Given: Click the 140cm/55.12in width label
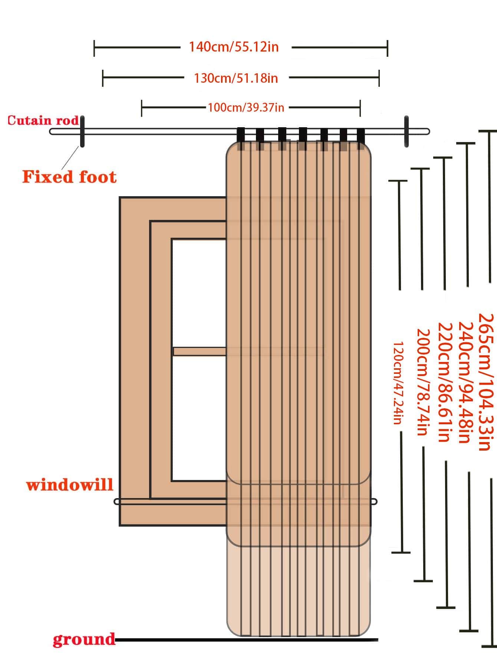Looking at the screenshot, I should point(234,47).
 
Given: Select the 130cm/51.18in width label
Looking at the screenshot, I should point(236,78).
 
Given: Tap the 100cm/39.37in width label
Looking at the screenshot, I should point(246,108).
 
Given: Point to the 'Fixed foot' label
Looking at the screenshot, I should point(69,177).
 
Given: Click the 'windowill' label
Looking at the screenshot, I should point(70,485).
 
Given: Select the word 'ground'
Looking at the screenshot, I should point(84,639).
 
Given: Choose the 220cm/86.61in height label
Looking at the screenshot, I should point(444,382).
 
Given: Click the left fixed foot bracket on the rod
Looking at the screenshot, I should point(82,131).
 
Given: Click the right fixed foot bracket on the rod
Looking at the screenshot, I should point(407,131).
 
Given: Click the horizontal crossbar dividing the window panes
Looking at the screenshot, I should point(199,351).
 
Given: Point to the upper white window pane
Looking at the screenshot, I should point(198,293).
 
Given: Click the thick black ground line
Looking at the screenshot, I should point(245,639).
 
